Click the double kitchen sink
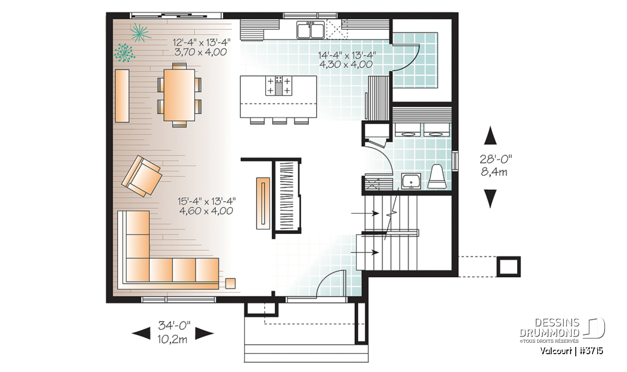(311, 30)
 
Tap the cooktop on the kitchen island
(278, 85)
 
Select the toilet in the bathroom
(437, 177)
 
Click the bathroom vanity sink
(411, 181)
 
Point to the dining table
(179, 95)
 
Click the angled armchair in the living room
(142, 176)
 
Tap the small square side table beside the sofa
(230, 283)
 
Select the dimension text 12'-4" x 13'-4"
(202, 42)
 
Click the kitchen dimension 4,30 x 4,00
(346, 64)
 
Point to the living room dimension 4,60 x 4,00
(206, 211)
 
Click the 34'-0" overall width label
(174, 325)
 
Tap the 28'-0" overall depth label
(496, 159)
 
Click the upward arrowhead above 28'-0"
(491, 135)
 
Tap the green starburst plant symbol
(139, 32)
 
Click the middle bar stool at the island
(280, 121)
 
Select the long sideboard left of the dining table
(122, 96)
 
